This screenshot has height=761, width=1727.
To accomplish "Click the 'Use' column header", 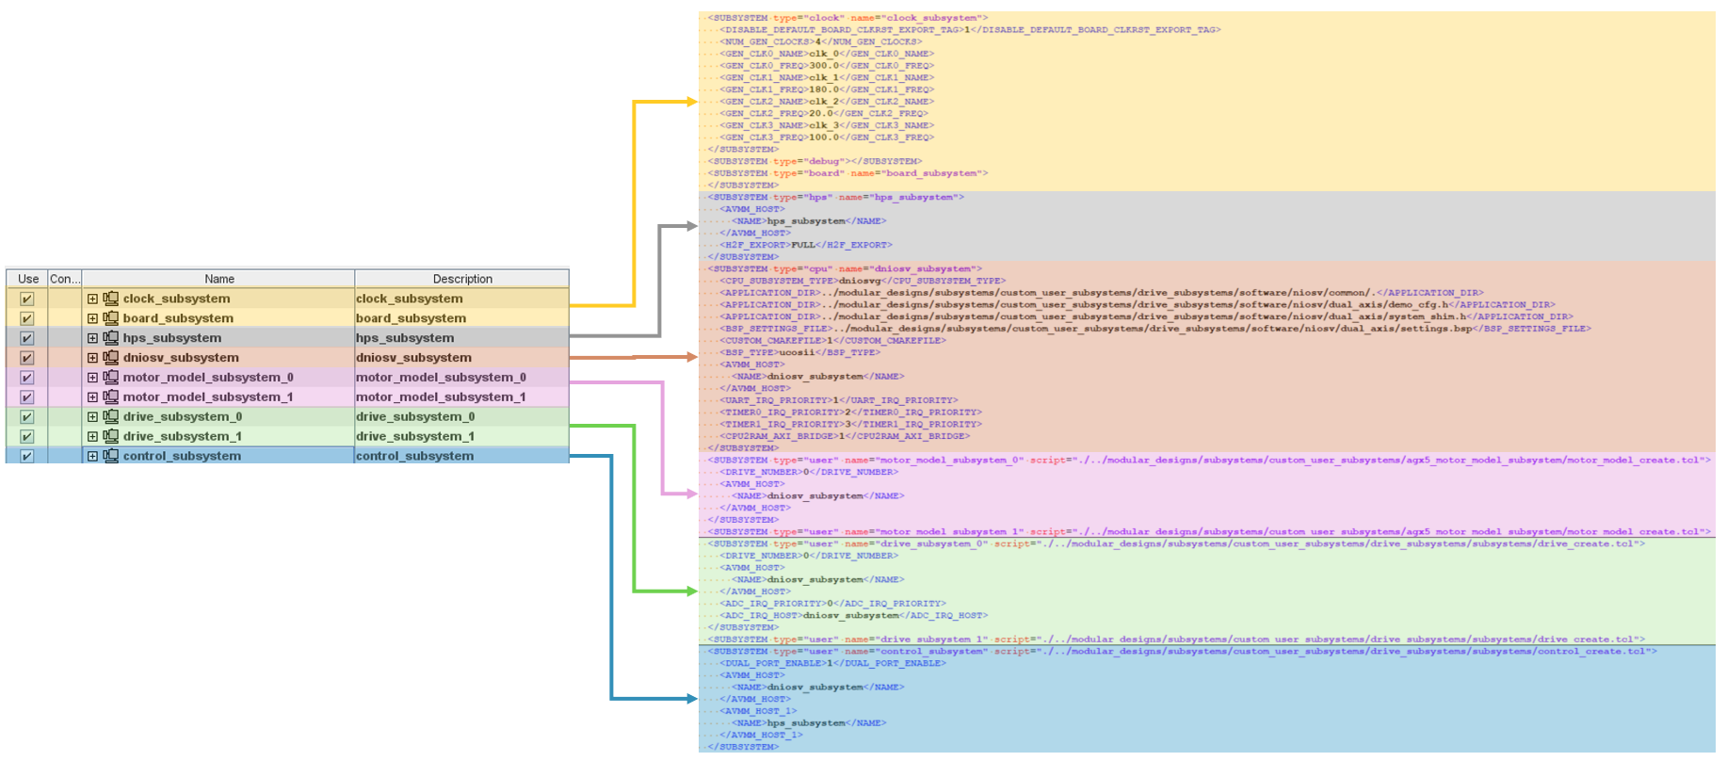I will pyautogui.click(x=28, y=279).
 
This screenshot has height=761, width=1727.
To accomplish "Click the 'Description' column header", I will pyautogui.click(x=462, y=279).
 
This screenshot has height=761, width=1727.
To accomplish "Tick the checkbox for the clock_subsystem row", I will pyautogui.click(x=27, y=299).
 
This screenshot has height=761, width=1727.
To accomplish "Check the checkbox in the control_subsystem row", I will pyautogui.click(x=27, y=456).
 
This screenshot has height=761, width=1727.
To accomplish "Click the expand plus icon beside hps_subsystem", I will pyautogui.click(x=92, y=338).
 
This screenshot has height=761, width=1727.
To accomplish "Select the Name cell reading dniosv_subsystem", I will pyautogui.click(x=181, y=358).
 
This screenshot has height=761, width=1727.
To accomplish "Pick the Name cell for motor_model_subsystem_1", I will pyautogui.click(x=207, y=397).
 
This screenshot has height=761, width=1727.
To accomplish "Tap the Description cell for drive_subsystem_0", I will pyautogui.click(x=415, y=417).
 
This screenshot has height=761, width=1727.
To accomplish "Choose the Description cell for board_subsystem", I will pyautogui.click(x=411, y=318).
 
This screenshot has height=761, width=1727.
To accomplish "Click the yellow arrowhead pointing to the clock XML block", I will pyautogui.click(x=692, y=102).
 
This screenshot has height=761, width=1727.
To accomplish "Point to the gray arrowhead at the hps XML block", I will pyautogui.click(x=692, y=226).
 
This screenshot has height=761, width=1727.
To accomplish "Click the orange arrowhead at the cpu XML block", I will pyautogui.click(x=692, y=357).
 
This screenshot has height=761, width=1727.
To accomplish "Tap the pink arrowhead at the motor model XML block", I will pyautogui.click(x=692, y=494).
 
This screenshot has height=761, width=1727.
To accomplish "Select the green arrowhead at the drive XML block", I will pyautogui.click(x=692, y=591).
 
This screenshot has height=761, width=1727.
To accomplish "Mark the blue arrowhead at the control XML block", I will pyautogui.click(x=692, y=699).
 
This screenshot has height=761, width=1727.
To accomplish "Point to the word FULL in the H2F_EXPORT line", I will pyautogui.click(x=803, y=245).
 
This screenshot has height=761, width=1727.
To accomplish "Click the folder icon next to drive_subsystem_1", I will pyautogui.click(x=111, y=436).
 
